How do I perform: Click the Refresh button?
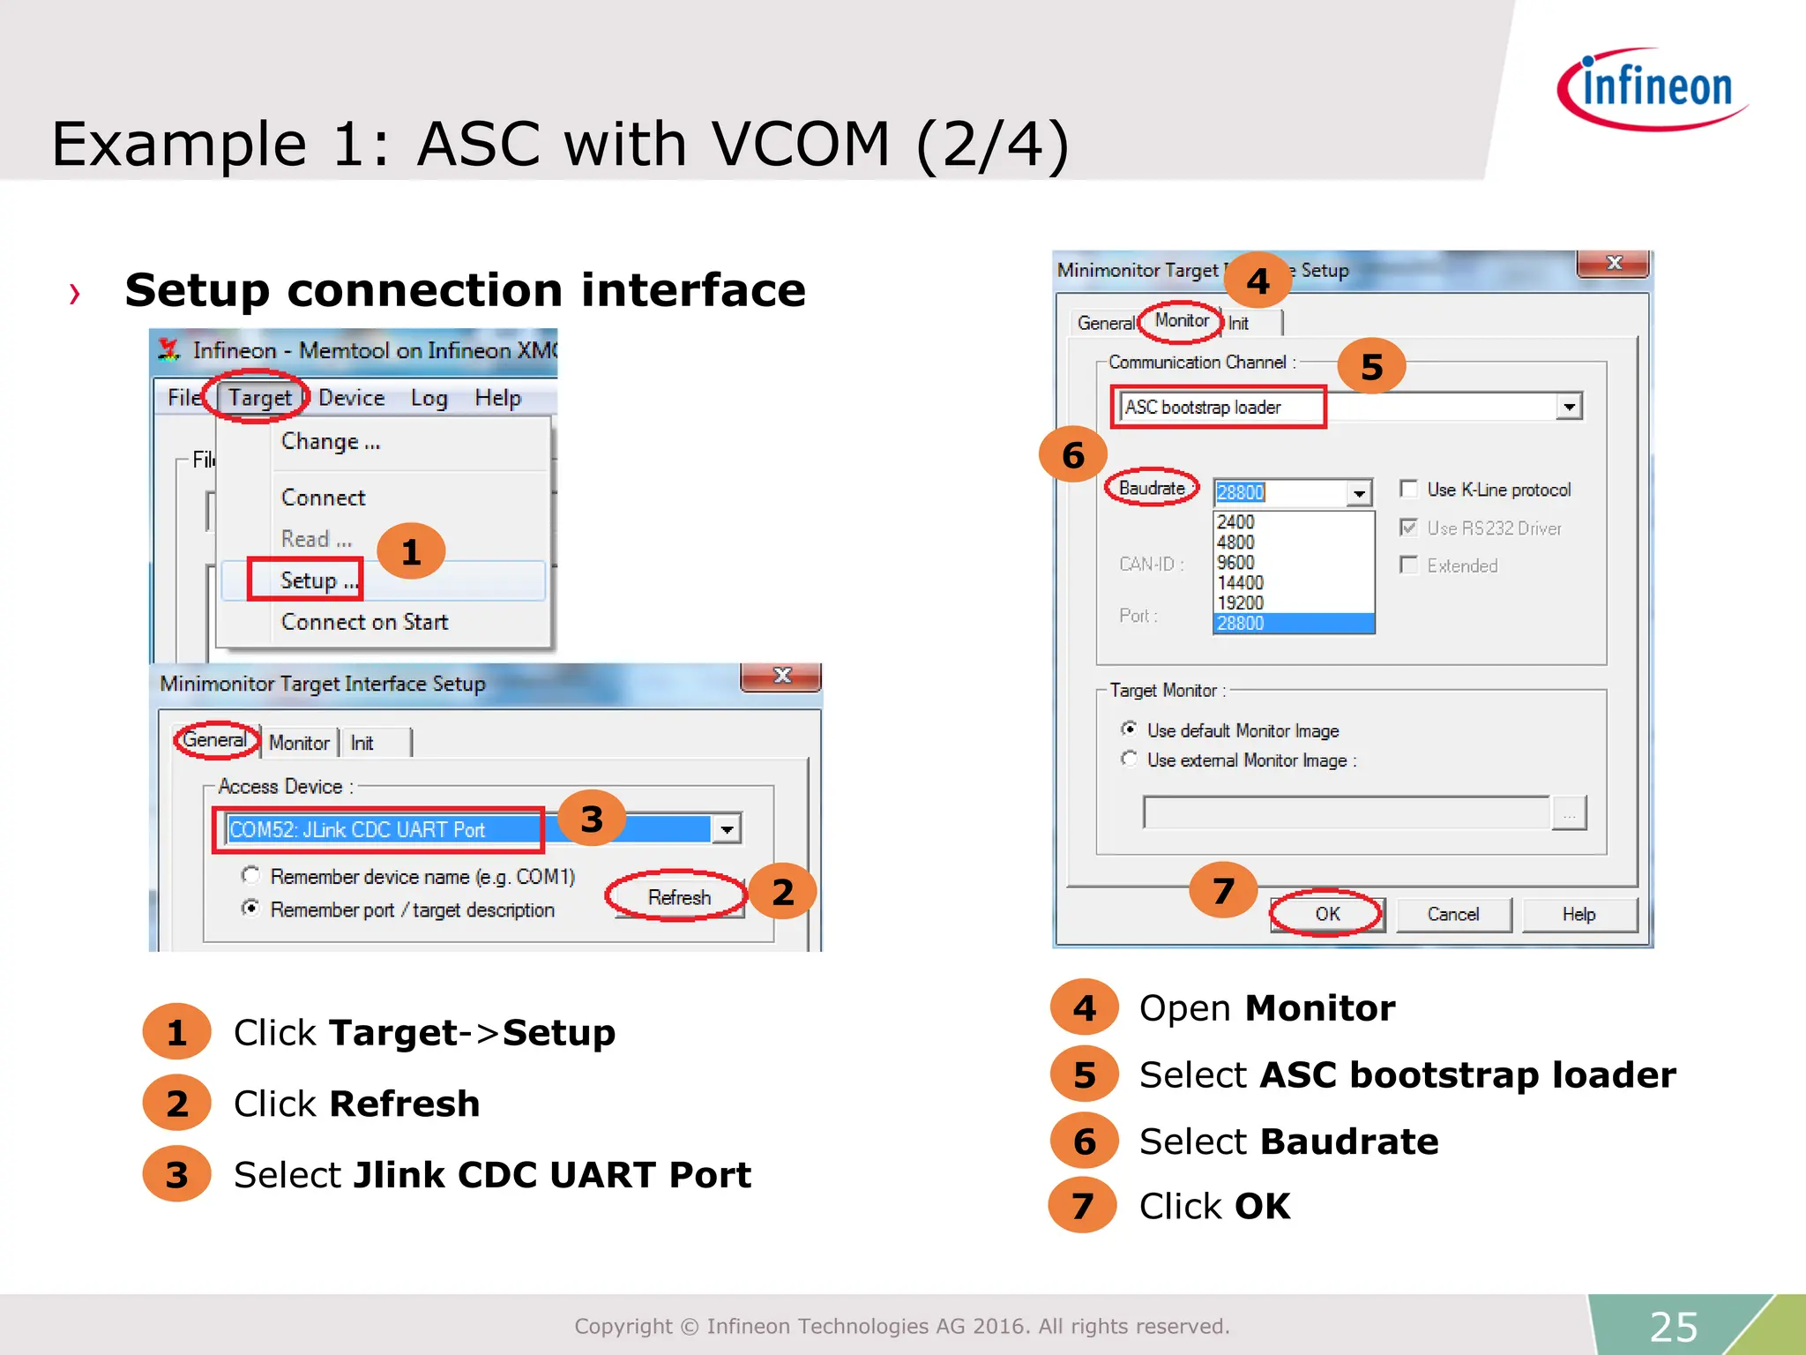click(678, 897)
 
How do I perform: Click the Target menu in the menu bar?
click(258, 398)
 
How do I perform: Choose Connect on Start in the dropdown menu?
click(364, 622)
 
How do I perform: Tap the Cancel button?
click(1452, 914)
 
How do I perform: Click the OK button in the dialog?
click(1327, 914)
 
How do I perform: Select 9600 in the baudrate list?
click(1235, 563)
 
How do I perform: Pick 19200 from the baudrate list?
click(1240, 603)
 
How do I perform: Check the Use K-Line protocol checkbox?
click(1409, 489)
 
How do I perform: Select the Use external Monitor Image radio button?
click(1129, 759)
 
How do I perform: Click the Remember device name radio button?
click(251, 875)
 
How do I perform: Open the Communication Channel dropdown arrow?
click(1569, 407)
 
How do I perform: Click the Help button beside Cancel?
click(1578, 914)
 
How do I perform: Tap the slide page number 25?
click(1673, 1326)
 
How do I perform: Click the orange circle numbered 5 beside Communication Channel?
click(1371, 367)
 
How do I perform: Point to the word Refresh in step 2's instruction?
click(405, 1104)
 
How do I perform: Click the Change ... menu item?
click(330, 441)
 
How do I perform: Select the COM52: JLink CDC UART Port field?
click(379, 829)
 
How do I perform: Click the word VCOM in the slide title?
click(800, 144)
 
